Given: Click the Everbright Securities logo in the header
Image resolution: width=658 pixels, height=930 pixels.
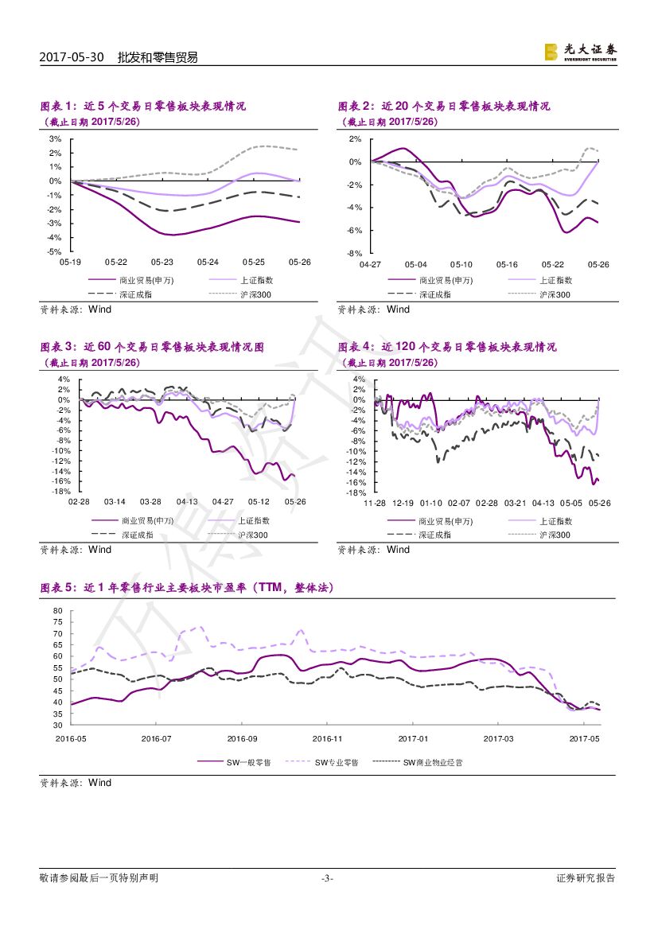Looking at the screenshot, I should (x=579, y=52).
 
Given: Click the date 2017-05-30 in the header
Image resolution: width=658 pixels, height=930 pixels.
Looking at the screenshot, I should (x=72, y=57).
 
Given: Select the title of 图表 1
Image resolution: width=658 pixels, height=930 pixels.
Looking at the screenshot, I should (x=143, y=106).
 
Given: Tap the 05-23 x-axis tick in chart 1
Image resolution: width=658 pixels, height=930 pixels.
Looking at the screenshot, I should (x=162, y=262).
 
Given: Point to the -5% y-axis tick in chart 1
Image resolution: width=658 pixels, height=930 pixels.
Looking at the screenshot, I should (x=56, y=251).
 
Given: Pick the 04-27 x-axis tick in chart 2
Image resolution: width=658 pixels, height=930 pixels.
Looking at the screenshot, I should (x=370, y=263).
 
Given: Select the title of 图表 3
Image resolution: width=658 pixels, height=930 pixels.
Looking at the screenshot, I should (x=152, y=347).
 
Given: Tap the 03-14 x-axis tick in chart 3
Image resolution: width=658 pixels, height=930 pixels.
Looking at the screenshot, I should (x=115, y=502).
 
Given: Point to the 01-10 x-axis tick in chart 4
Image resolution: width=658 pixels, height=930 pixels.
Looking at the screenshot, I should (x=430, y=503).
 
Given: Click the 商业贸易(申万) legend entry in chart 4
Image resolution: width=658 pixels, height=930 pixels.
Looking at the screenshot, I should (x=445, y=521).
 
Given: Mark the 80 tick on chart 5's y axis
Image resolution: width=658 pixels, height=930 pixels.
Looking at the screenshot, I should (x=57, y=611).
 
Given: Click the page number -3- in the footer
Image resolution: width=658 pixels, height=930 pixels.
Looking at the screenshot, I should (x=327, y=878).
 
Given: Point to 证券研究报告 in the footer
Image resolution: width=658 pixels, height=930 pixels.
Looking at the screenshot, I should (x=586, y=878).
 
